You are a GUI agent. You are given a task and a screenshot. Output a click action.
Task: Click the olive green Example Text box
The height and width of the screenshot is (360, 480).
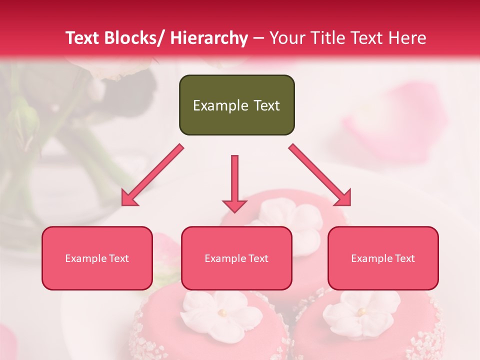(236, 105)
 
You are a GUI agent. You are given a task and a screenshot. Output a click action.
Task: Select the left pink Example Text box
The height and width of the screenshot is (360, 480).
(97, 258)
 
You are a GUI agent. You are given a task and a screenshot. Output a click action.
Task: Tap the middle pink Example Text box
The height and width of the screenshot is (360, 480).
(236, 258)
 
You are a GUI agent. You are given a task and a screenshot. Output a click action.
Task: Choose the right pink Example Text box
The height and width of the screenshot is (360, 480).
(383, 258)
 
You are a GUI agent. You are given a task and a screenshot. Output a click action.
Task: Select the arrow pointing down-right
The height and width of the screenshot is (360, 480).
(320, 175)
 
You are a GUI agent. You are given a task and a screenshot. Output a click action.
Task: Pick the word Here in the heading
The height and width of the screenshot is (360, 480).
(408, 38)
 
